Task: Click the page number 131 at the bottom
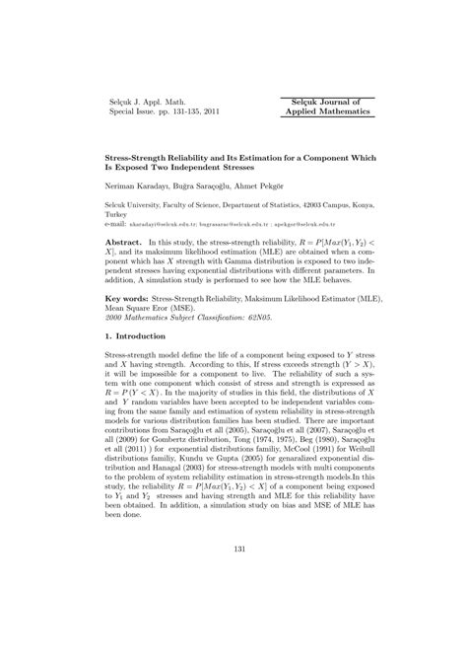point(233,575)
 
